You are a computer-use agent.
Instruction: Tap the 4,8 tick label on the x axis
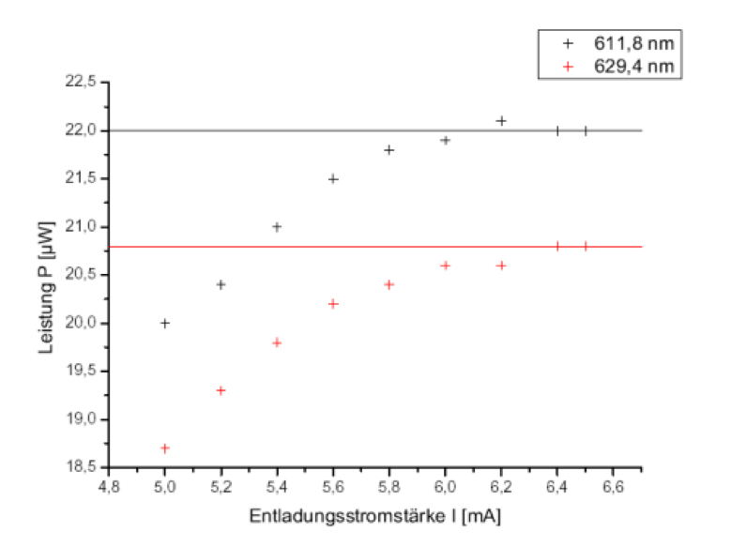pyautogui.click(x=109, y=487)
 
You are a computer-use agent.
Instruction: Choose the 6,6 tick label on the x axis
pyautogui.click(x=613, y=487)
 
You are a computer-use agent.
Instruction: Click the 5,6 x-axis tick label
pyautogui.click(x=333, y=487)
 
